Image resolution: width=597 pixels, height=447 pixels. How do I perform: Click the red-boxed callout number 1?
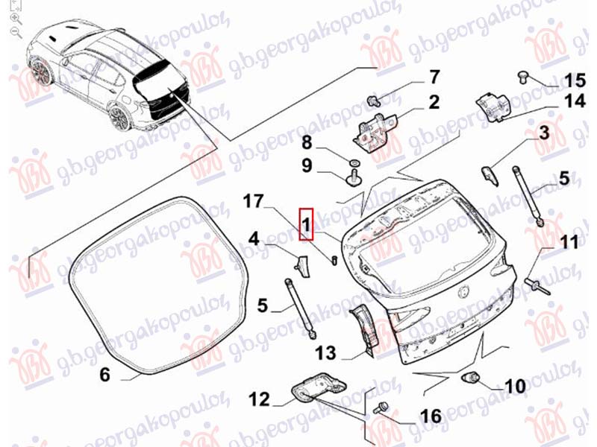[x=306, y=224]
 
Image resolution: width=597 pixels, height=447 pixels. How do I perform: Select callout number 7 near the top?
[x=434, y=77]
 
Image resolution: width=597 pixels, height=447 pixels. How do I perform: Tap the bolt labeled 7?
[x=373, y=101]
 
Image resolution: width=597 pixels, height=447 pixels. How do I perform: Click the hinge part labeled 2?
[x=375, y=133]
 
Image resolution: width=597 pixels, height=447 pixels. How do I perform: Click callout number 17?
[x=254, y=201]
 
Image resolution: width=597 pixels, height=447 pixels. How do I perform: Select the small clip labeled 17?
[x=334, y=260]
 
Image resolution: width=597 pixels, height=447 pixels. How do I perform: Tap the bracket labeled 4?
[x=301, y=266]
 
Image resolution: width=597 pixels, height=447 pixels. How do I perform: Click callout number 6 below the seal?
[x=104, y=374]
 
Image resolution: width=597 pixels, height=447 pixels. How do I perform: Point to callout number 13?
[x=325, y=353]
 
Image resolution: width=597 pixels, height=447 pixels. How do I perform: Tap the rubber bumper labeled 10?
[x=471, y=378]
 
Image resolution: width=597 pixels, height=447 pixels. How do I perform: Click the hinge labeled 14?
[x=494, y=107]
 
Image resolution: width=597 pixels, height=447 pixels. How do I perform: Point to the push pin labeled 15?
[x=523, y=77]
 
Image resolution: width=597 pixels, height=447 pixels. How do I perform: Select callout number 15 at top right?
[x=575, y=80]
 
